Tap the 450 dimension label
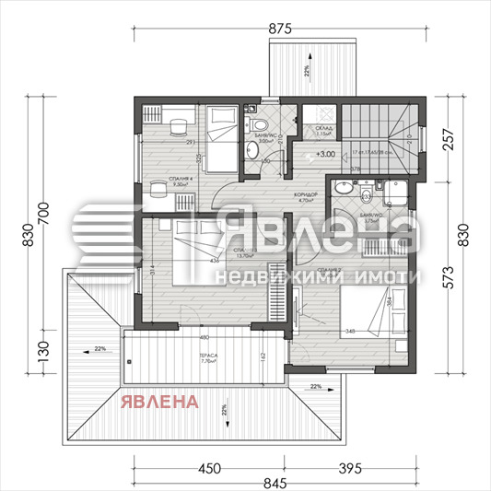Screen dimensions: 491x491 point(211,467)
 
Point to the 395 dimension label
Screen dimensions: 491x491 point(346,467)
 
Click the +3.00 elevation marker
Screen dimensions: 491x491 point(324,154)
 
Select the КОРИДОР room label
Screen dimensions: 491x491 point(306,194)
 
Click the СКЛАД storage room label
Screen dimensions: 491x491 point(323,130)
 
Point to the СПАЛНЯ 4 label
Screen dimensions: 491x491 point(179,180)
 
